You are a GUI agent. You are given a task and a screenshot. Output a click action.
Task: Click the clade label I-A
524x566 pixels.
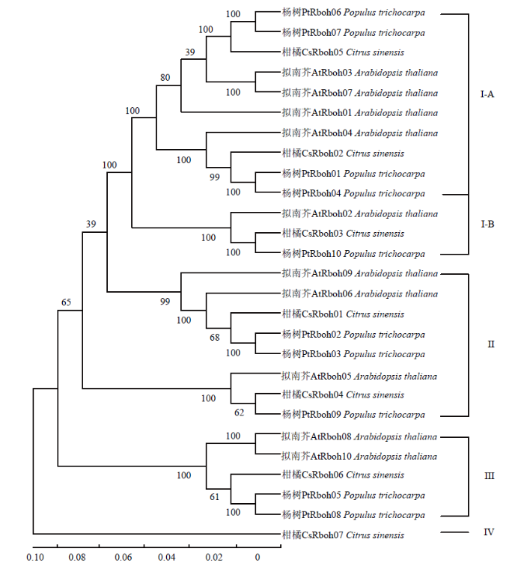(x=487, y=94)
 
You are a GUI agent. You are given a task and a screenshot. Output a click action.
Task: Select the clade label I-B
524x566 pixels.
(x=487, y=224)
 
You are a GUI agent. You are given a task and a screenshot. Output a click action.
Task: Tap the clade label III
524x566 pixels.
(x=489, y=476)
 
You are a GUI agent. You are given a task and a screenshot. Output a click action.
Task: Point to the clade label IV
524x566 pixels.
(x=489, y=532)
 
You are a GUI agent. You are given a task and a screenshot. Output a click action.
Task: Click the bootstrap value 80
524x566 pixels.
(x=165, y=78)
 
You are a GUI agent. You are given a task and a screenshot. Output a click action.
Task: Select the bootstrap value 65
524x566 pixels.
(x=66, y=302)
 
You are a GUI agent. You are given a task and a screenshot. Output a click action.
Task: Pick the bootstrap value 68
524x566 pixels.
(x=214, y=338)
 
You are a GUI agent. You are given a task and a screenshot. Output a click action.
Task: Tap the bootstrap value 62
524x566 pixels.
(x=239, y=413)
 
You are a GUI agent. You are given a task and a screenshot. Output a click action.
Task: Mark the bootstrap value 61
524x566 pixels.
(x=214, y=497)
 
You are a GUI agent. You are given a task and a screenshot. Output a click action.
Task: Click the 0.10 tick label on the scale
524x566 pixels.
(x=35, y=557)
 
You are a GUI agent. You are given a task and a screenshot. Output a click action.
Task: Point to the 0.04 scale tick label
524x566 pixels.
(x=166, y=557)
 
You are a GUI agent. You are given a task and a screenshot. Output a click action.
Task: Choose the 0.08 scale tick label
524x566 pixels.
(x=77, y=557)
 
